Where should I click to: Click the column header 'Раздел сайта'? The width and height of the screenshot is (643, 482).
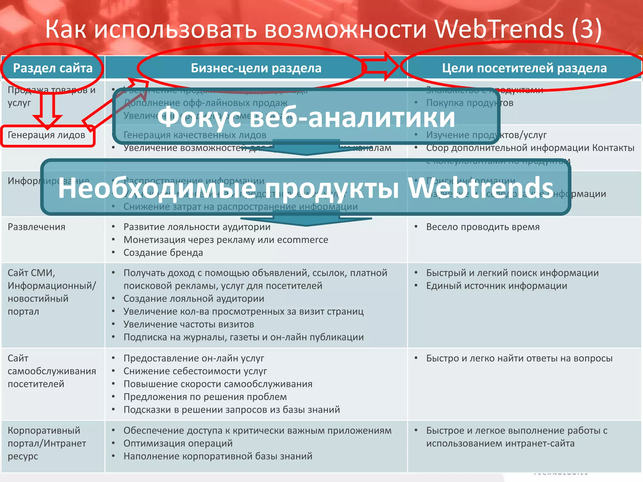pos(53,68)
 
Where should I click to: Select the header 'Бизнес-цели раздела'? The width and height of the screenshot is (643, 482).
pos(256,68)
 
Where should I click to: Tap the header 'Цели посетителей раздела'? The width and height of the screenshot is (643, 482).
pos(524,68)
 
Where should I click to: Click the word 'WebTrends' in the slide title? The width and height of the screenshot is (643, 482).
pos(499,29)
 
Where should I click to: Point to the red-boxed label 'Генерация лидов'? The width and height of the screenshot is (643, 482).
pos(46,135)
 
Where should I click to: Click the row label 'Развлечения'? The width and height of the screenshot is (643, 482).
pos(36,227)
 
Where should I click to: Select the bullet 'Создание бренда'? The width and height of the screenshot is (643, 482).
pos(163,253)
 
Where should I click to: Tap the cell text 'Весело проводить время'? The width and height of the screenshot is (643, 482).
pos(483,227)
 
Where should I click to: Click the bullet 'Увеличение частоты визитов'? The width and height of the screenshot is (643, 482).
pos(188,324)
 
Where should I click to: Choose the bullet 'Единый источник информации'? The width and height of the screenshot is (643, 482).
pos(496,286)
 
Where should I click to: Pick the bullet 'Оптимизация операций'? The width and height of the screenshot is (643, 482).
pos(178,443)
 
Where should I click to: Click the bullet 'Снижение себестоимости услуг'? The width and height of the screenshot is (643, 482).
pos(195,371)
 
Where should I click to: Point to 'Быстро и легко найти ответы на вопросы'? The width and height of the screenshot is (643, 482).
pos(519,358)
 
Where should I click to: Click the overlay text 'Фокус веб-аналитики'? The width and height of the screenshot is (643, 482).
pos(306,117)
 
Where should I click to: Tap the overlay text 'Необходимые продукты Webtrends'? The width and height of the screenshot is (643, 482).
pos(305,188)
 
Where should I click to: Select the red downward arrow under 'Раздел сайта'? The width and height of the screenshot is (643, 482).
pos(48,110)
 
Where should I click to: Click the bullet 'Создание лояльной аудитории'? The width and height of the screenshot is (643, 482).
pos(194,299)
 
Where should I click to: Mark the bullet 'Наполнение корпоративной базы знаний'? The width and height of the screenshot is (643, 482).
pos(218,456)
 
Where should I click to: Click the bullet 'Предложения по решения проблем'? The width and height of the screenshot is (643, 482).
pos(205,397)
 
